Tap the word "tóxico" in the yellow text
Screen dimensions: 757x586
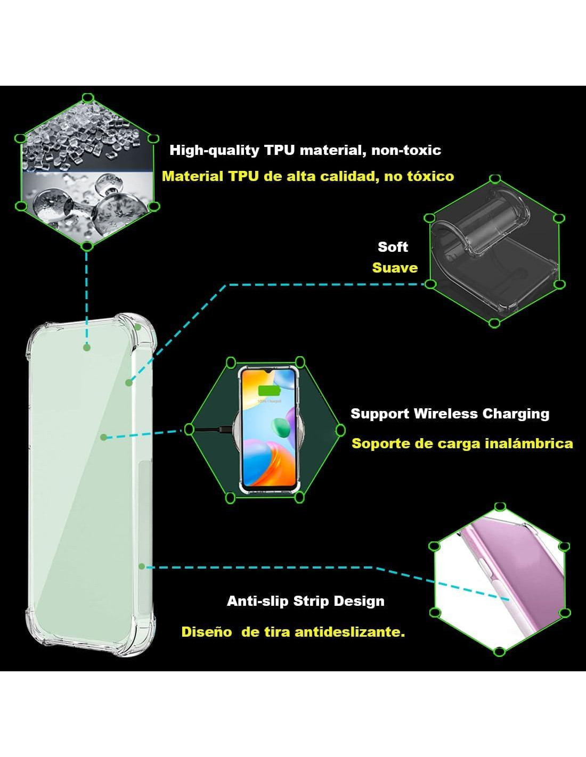click(x=429, y=176)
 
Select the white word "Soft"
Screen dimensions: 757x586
click(x=393, y=247)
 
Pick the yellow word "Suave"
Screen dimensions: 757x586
click(x=395, y=268)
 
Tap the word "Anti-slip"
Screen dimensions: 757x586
click(x=258, y=601)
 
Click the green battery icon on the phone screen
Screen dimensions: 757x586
click(x=268, y=391)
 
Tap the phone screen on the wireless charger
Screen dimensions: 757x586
click(x=268, y=426)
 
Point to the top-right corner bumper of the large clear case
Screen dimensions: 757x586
click(x=140, y=327)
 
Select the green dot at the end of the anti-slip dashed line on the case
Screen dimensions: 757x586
click(x=142, y=566)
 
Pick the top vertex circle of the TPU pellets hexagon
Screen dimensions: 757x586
click(x=88, y=98)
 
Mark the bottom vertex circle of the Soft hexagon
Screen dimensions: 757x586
click(x=494, y=323)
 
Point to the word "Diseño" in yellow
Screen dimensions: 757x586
click(x=206, y=632)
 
